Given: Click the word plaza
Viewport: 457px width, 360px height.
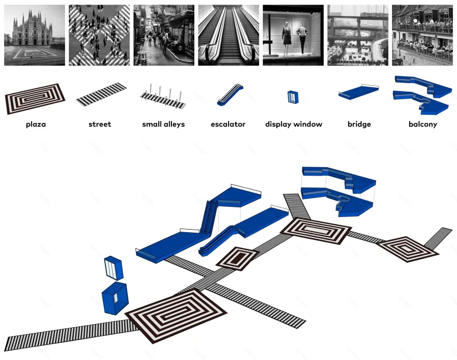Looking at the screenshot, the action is click(35, 125).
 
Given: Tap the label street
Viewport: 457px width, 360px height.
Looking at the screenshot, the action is click(100, 124).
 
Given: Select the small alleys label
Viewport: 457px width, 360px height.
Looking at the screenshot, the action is click(163, 124).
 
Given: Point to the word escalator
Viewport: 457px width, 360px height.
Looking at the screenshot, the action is click(228, 124).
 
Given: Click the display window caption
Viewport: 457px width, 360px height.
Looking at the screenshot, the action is click(293, 124).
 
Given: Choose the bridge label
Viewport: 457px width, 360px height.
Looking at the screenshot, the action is click(359, 124).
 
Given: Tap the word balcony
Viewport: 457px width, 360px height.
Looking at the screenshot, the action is click(423, 124).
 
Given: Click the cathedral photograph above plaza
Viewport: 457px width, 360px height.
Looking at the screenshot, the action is click(34, 35).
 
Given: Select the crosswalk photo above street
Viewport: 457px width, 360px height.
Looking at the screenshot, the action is click(99, 35).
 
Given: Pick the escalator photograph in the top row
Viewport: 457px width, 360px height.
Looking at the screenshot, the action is click(228, 35).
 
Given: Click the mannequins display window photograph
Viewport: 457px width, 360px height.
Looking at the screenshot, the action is click(293, 35).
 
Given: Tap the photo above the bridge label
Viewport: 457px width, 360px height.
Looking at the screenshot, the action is click(358, 35).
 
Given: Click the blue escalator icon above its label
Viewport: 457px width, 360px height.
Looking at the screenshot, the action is click(230, 95).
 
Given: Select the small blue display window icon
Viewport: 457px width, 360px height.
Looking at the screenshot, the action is click(293, 97).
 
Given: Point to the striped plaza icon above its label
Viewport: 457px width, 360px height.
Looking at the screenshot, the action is click(35, 99).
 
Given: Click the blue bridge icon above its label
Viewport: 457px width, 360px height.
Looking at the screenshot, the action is click(358, 92).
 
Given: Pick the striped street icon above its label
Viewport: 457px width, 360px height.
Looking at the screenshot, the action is click(101, 94).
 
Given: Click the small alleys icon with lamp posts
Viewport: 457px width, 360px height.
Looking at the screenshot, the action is click(163, 97).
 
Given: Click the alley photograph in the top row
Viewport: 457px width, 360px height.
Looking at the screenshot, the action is click(164, 35).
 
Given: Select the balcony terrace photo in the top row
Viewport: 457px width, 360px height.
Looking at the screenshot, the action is click(422, 35).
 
